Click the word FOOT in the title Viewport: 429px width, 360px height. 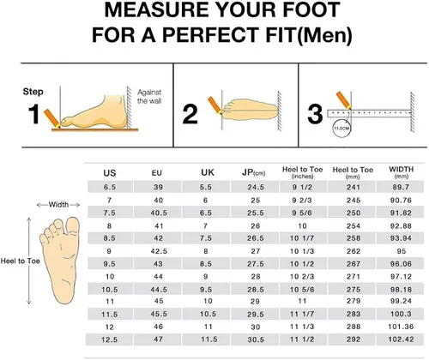coord(311,9)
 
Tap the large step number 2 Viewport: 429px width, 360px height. coord(190,114)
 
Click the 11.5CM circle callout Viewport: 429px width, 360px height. coord(341,128)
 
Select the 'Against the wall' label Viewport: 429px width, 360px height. coord(149,97)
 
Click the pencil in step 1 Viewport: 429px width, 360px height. coord(51,118)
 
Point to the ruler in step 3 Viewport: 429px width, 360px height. coord(369,113)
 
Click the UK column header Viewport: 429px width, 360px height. coord(208,172)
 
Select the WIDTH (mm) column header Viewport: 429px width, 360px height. coord(401,172)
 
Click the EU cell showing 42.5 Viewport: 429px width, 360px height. coord(159,251)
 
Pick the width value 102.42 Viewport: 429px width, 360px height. coord(401,339)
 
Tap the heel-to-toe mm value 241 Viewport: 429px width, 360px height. coord(353,187)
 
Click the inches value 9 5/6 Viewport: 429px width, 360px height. coord(302,213)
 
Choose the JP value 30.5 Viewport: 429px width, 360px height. coord(256,339)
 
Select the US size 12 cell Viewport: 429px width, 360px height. coord(110,327)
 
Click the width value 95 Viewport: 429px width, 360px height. coord(401,251)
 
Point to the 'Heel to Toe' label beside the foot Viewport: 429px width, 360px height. coord(20,261)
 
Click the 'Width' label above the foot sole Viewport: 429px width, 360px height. coord(58,205)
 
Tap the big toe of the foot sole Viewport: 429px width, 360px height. coord(73,225)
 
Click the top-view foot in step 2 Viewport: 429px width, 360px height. coord(251,110)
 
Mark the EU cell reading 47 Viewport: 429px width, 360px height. coord(158,339)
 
